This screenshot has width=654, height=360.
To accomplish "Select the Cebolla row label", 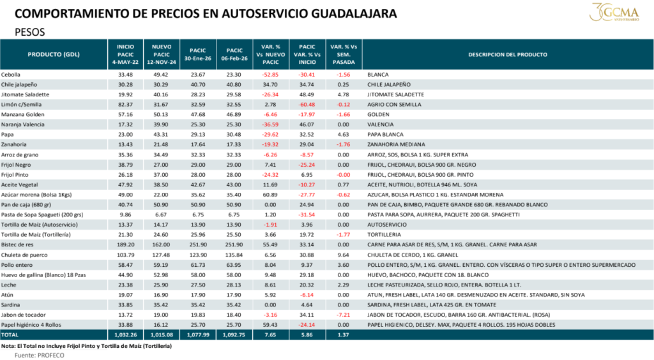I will [x=13, y=75].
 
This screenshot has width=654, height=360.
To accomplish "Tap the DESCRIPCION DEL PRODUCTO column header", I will [x=507, y=55].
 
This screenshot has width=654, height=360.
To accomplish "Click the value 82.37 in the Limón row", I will [x=125, y=104].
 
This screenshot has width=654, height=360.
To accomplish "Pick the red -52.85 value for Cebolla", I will [x=271, y=75].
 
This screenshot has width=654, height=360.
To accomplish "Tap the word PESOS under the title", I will [x=30, y=31].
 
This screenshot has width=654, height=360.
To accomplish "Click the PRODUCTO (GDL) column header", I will [x=54, y=55].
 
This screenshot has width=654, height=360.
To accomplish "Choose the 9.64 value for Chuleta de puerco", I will [x=344, y=253].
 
